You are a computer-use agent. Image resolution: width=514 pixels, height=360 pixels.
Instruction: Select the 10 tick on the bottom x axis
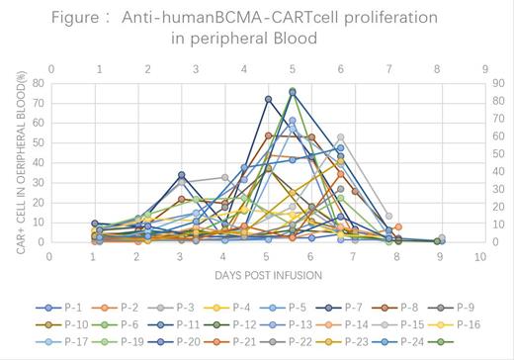pos(478,254)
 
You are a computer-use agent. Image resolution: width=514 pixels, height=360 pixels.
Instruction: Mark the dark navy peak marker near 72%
pos(268,99)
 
